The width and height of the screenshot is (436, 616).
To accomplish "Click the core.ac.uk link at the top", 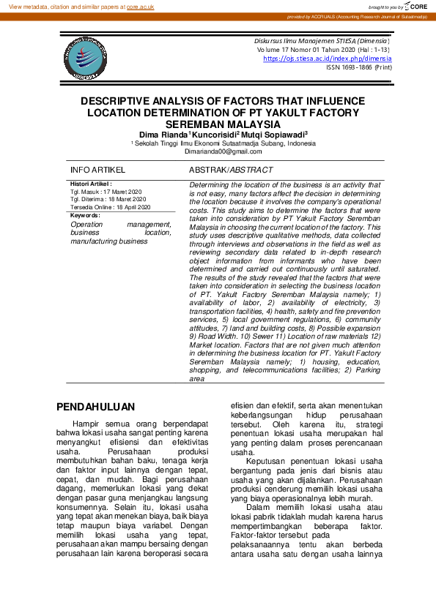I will [140, 6].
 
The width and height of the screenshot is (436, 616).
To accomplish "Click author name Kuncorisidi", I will [218, 135].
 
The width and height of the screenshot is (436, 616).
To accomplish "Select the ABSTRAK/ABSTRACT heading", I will [231, 170].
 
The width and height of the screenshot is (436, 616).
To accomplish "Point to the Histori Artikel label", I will [91, 184].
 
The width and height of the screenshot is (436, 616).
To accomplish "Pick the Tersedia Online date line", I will [110, 207].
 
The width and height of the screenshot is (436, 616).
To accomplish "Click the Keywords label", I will [85, 216].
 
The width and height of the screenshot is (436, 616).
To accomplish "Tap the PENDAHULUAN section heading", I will [96, 407].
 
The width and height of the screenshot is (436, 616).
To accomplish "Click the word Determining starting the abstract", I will [210, 186].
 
